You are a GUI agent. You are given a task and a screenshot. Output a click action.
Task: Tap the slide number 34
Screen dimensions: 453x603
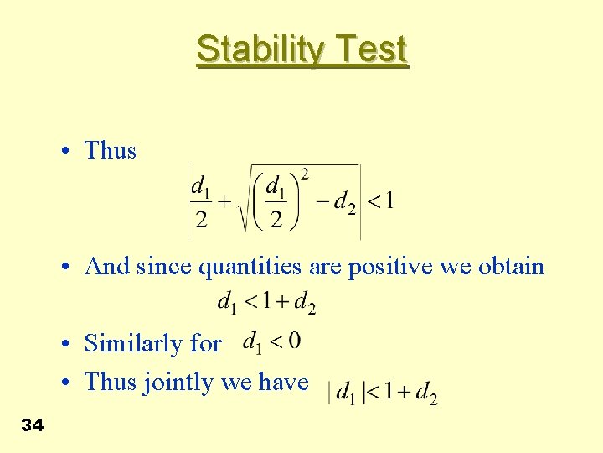pyautogui.click(x=32, y=426)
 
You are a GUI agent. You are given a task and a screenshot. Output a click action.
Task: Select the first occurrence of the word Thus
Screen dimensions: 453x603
pyautogui.click(x=111, y=151)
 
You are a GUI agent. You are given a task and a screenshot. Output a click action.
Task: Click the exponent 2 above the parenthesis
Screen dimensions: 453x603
pyautogui.click(x=304, y=174)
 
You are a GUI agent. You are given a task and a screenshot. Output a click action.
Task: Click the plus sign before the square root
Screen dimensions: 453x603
pyautogui.click(x=224, y=201)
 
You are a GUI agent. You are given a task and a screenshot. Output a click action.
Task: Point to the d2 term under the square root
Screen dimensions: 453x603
pyautogui.click(x=345, y=201)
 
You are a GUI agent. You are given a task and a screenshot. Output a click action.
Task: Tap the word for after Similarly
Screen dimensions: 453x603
pyautogui.click(x=206, y=344)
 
